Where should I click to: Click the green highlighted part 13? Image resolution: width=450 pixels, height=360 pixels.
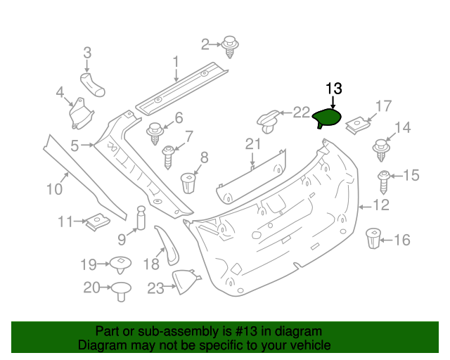328,118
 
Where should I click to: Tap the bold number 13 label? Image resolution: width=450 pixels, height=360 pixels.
333,89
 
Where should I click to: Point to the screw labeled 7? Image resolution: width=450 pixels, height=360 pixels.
169,155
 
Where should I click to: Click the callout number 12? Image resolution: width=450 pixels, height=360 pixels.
380,205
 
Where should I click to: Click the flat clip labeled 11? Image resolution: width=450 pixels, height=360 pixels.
96,223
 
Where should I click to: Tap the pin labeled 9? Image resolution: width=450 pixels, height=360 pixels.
140,218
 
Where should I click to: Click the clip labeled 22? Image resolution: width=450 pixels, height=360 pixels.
269,121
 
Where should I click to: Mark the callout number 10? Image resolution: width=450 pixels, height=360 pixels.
54,188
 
